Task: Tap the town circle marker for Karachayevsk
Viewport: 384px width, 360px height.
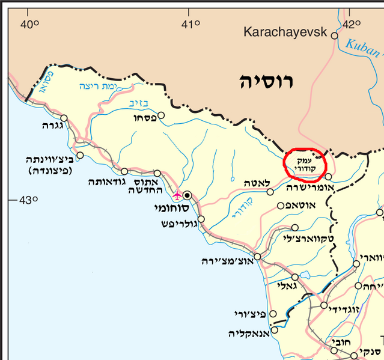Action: (x=335, y=35)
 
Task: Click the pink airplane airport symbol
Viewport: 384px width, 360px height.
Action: (x=177, y=195)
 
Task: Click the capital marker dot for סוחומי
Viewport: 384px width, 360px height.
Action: (x=188, y=195)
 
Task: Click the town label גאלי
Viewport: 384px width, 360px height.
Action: (x=285, y=286)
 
